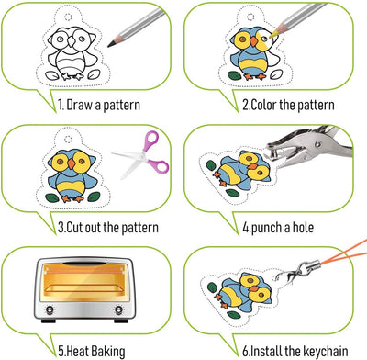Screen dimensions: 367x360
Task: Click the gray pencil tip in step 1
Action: coord(110,45)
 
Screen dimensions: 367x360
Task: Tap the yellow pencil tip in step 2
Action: coord(271,36)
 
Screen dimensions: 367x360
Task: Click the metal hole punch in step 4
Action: coord(309,147)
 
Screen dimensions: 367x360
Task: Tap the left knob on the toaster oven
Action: coord(50,310)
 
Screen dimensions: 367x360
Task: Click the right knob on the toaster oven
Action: coord(118,310)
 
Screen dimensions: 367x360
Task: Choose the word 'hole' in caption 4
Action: coord(303,228)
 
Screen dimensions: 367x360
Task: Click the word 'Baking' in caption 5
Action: coord(108,352)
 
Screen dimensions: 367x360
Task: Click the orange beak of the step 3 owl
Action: coord(72,163)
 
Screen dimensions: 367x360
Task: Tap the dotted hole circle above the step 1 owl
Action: coord(68,17)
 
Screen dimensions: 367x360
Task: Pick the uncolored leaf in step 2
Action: coord(277,74)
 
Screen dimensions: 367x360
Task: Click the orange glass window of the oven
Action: coord(83,283)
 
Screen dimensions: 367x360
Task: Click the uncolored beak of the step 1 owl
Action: coord(71,41)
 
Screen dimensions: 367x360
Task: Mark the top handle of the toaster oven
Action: coord(83,264)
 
